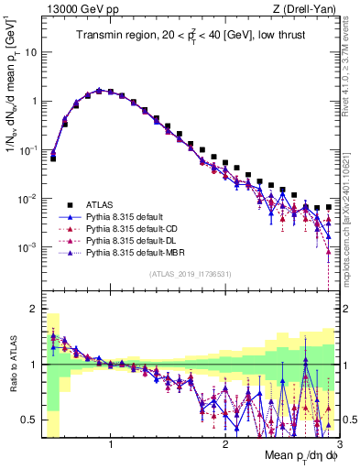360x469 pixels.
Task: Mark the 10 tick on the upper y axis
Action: [30, 51]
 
